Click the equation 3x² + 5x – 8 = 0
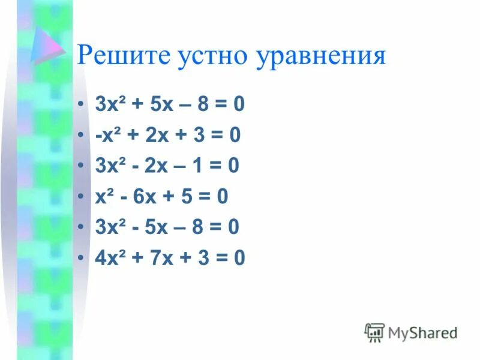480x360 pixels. point(170,105)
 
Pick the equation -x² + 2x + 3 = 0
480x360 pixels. point(168,136)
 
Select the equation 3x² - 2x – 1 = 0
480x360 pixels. point(167,166)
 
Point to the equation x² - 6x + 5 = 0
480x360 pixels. point(161,196)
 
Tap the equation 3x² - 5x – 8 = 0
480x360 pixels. point(167,227)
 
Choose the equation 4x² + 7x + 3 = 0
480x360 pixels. point(170,257)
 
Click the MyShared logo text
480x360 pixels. point(422,332)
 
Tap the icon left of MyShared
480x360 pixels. point(374,332)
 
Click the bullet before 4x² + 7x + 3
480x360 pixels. point(81,258)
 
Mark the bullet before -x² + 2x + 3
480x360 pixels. point(81,136)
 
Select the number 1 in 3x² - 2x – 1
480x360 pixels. point(196,166)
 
